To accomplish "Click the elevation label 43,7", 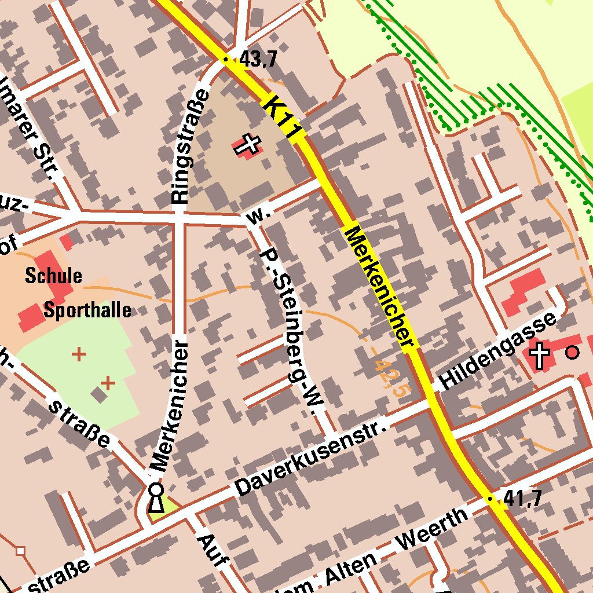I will tap(258, 59).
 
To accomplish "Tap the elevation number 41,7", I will tap(522, 498).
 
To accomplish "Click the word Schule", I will tap(53, 276).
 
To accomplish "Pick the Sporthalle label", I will tap(87, 310).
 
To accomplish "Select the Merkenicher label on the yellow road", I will tap(380, 288).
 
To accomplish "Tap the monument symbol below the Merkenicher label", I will tap(155, 498).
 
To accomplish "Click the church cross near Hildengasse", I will tap(540, 354).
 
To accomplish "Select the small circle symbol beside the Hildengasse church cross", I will tap(572, 352).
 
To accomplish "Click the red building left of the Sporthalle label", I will tap(28, 317).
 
